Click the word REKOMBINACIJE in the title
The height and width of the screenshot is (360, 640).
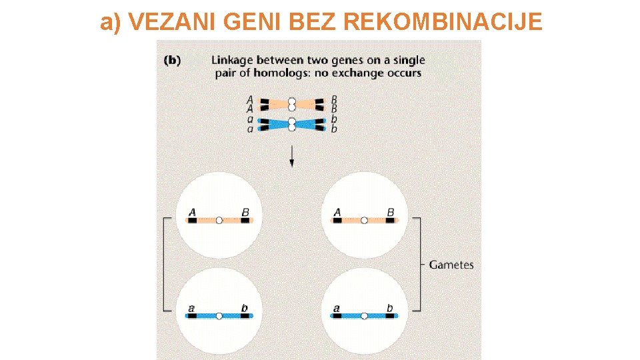pos(443,22)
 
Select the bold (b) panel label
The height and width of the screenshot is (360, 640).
pos(172,60)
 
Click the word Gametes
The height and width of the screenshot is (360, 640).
pos(451,265)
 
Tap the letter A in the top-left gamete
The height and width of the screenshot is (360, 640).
pos(192,213)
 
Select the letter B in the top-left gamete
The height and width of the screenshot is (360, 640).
pos(245,213)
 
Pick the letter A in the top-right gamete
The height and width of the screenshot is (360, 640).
pos(337,213)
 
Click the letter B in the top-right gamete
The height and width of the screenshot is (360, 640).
pos(390,213)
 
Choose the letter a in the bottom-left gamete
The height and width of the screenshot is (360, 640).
pos(192,309)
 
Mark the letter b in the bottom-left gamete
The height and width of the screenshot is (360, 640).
pos(245,308)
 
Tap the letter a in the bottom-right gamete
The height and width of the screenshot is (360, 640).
pos(337,309)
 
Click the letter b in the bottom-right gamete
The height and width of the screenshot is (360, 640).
pos(390,308)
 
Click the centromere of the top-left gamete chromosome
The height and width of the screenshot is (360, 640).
pos(219,220)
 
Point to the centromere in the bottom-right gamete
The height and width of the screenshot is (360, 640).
pos(363,315)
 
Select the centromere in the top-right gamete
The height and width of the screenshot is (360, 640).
pos(363,220)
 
